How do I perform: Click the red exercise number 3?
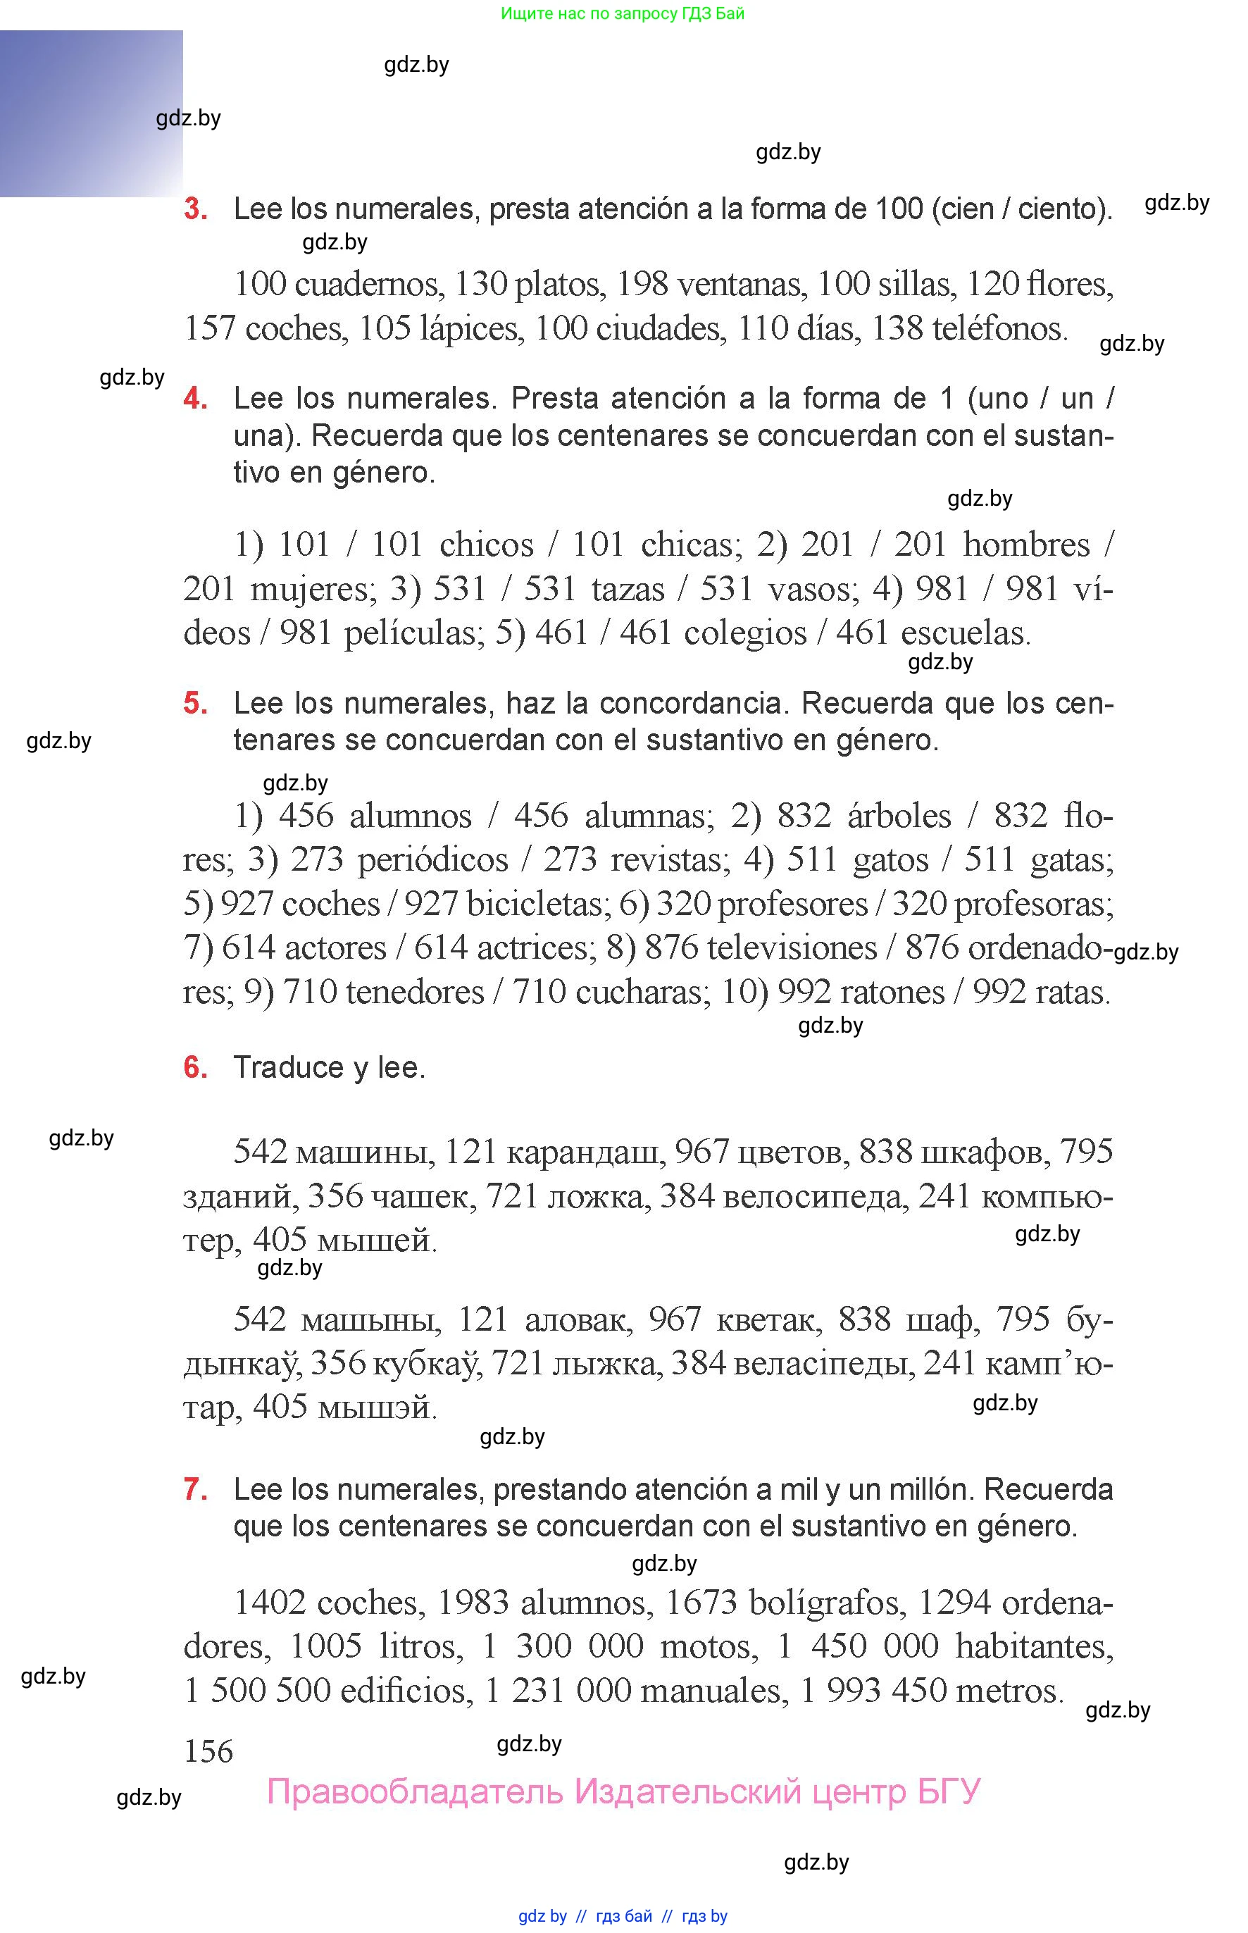(195, 209)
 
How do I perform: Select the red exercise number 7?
(195, 1489)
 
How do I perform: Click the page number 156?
(208, 1751)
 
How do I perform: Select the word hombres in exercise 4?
(1025, 545)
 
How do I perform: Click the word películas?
(413, 633)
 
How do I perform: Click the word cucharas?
(642, 992)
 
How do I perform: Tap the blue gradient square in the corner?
(91, 113)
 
